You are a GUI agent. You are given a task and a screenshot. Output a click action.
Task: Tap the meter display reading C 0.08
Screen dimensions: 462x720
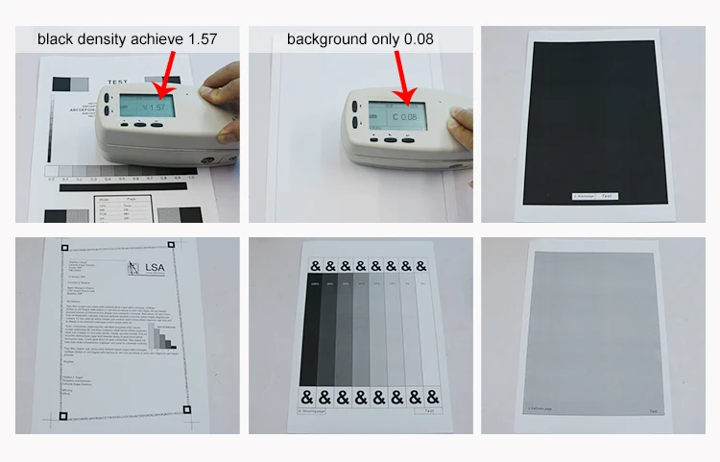(x=396, y=115)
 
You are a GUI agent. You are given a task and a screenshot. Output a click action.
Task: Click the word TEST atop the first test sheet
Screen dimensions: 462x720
(x=117, y=82)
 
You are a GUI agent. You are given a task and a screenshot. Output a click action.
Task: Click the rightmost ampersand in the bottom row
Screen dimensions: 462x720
(x=434, y=397)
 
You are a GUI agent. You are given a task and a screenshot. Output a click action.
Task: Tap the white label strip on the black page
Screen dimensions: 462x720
(x=596, y=196)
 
